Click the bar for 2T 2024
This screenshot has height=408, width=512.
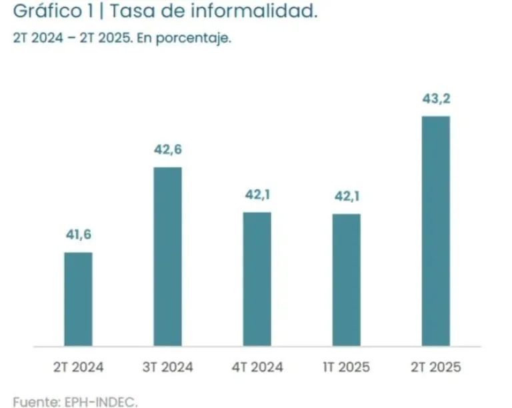[x=78, y=299]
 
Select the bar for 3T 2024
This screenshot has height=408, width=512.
[x=167, y=257]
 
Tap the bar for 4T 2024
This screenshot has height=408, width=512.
[x=257, y=279]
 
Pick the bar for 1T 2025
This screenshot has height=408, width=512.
[x=346, y=280]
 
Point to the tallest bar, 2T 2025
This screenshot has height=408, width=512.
[x=435, y=231]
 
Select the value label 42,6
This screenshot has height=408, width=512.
[x=167, y=149]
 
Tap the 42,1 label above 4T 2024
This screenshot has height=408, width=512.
[x=257, y=195]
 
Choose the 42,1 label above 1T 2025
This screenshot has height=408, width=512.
[x=346, y=196]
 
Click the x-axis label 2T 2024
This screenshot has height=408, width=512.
[x=78, y=367]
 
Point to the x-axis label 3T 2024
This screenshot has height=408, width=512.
[x=167, y=367]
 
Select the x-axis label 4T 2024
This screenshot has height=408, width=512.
[x=257, y=367]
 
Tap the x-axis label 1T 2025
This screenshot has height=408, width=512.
[x=346, y=367]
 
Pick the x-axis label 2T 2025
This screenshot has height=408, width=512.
[x=435, y=367]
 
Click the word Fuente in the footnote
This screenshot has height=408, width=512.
[x=33, y=401]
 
